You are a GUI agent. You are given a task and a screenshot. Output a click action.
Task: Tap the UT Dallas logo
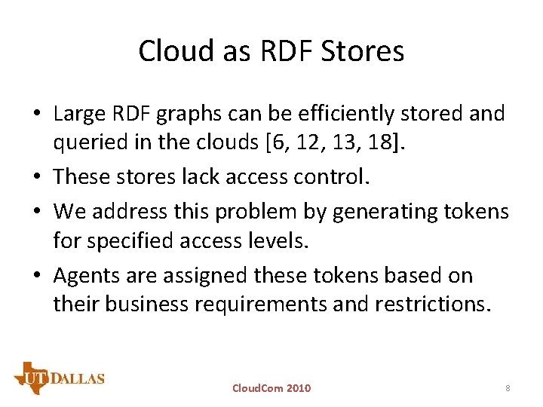pos(59,378)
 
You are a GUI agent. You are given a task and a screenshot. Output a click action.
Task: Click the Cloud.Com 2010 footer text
pos(271,388)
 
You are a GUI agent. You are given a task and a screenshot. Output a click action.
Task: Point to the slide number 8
pos(508,388)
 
